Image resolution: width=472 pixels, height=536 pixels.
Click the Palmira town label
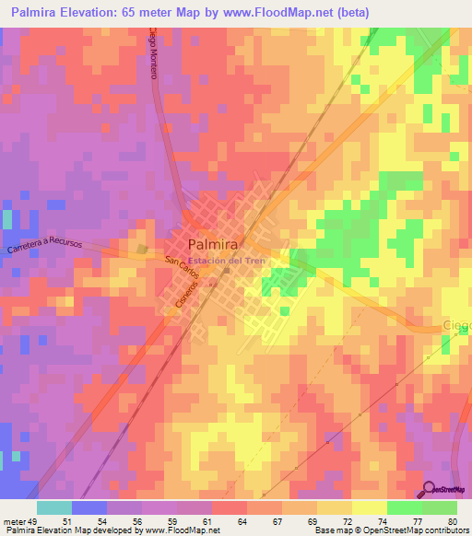coord(214,245)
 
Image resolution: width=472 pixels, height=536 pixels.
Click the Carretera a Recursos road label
coord(44,249)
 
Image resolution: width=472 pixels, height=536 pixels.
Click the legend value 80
coord(450,520)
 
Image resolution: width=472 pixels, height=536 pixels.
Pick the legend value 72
coord(324,520)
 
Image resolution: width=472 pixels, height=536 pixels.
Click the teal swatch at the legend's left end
coord(53,507)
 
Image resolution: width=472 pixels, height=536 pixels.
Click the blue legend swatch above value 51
coord(88,507)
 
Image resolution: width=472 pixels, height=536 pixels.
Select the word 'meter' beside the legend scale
coord(15,520)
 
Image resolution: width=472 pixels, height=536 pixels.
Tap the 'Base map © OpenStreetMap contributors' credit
coord(391,530)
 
